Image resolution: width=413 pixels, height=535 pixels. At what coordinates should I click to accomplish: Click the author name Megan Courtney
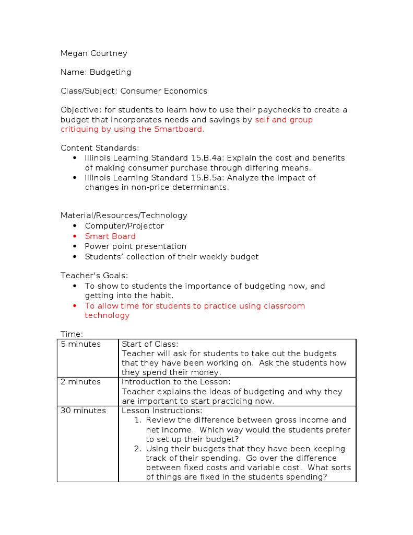pyautogui.click(x=94, y=53)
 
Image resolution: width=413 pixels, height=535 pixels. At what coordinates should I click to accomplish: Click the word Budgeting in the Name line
pyautogui.click(x=110, y=72)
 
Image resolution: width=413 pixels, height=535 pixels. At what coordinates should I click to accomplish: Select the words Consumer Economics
pyautogui.click(x=163, y=91)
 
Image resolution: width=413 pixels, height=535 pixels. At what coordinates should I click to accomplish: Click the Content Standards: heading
pyautogui.click(x=100, y=148)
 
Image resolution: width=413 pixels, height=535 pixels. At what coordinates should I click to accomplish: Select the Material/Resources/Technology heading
pyautogui.click(x=124, y=215)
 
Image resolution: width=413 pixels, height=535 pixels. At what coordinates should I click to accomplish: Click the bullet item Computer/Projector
pyautogui.click(x=124, y=226)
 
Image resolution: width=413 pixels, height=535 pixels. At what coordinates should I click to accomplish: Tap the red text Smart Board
pyautogui.click(x=110, y=236)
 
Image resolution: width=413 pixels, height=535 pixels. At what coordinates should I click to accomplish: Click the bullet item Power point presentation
pyautogui.click(x=135, y=246)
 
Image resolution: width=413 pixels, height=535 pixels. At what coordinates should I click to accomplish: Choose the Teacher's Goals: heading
pyautogui.click(x=94, y=276)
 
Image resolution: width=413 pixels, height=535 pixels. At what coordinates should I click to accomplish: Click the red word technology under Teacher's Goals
pyautogui.click(x=107, y=315)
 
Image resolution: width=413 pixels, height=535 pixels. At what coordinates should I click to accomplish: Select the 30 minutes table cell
pyautogui.click(x=83, y=411)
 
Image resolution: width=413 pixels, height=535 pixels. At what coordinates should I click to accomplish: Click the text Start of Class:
pyautogui.click(x=150, y=344)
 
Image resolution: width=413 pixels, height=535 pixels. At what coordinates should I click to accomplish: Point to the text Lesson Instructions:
pyautogui.click(x=161, y=411)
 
